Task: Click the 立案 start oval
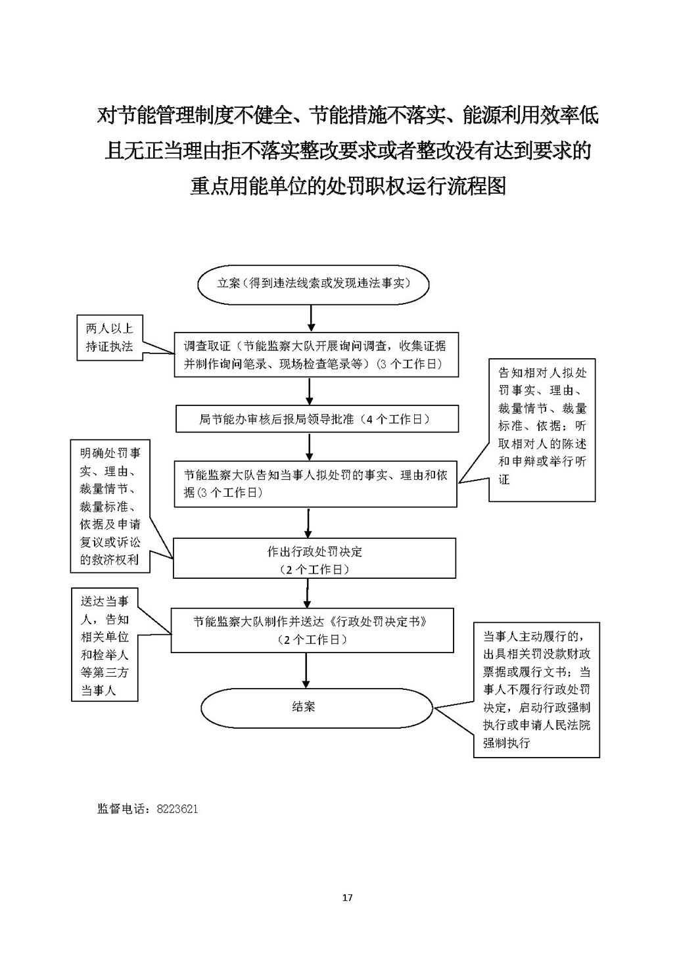tap(314, 284)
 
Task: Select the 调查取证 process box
tap(316, 355)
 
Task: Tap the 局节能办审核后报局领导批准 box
tap(317, 419)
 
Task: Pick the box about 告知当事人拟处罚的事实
tap(316, 484)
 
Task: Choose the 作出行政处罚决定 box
tap(314, 559)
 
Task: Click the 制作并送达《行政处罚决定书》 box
tap(312, 629)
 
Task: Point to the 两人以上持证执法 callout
tap(109, 338)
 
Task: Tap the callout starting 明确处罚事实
tap(110, 507)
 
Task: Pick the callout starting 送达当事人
tap(105, 646)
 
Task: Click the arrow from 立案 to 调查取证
tap(312, 319)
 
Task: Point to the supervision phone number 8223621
tap(177, 809)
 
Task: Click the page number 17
tap(348, 898)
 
